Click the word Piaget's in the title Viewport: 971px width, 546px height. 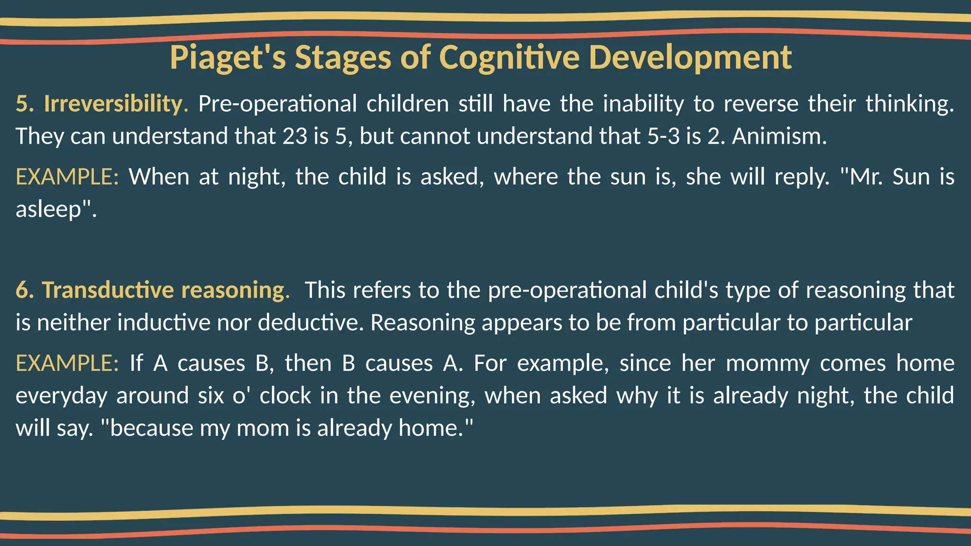click(x=228, y=57)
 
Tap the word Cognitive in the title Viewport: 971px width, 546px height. click(x=509, y=57)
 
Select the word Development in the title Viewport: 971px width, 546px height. click(x=690, y=57)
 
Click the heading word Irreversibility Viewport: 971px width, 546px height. click(x=113, y=103)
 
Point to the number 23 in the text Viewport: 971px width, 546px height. click(x=295, y=136)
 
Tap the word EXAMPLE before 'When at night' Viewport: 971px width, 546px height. click(x=67, y=177)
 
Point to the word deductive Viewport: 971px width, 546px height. click(x=311, y=322)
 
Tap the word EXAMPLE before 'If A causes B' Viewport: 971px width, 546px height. click(x=67, y=364)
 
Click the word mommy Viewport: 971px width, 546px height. click(x=768, y=364)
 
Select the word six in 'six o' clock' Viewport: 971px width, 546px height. click(x=211, y=396)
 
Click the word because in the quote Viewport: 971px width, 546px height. click(x=151, y=428)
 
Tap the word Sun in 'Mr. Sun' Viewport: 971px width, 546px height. click(x=911, y=177)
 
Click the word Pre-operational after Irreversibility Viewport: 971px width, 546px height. click(x=277, y=103)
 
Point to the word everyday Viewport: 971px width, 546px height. click(x=61, y=396)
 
